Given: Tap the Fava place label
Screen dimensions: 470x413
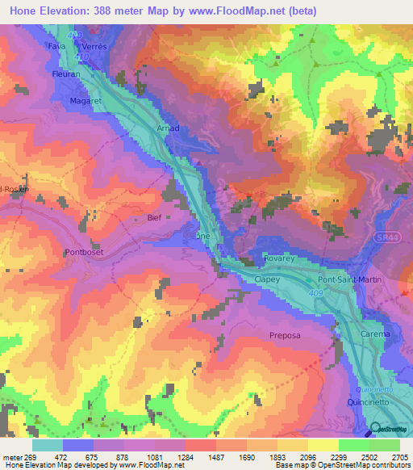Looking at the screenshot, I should pos(56,46).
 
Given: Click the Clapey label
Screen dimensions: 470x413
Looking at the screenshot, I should pos(267,279).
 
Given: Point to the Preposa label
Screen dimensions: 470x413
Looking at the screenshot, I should pos(285,334).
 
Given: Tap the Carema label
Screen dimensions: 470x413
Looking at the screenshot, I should pos(375,334).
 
